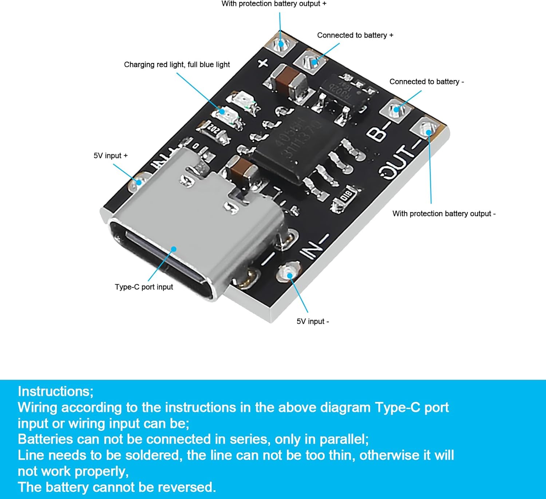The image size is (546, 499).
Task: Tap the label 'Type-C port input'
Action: click(144, 287)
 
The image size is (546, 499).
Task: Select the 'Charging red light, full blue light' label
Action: click(177, 65)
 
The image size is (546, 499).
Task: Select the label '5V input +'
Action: click(111, 156)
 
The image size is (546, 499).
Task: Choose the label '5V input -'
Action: click(313, 322)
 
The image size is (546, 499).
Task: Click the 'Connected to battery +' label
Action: click(355, 35)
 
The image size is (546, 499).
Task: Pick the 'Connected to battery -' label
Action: click(427, 82)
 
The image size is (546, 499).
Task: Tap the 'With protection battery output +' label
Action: click(274, 4)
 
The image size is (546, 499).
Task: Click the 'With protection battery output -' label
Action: click(444, 214)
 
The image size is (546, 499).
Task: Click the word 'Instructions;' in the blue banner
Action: click(56, 391)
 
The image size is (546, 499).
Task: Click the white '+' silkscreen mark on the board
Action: click(263, 63)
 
